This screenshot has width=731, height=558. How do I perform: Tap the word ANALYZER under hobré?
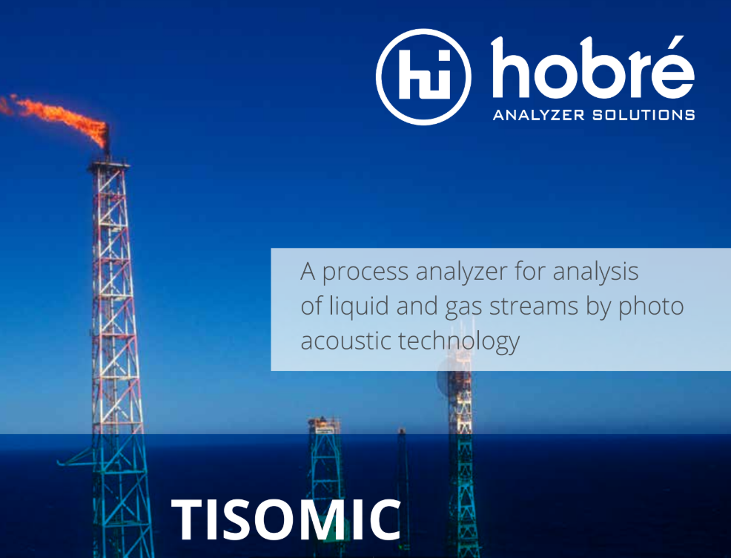538,115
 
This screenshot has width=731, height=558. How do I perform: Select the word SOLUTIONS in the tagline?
644,115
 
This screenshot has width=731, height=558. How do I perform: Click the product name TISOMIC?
286,519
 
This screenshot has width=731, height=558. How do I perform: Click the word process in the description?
365,272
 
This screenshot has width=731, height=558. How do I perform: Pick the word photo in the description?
651,307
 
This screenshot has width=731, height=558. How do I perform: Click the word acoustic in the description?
345,341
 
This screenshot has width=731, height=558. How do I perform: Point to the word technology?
459,341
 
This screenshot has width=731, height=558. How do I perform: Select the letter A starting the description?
308,272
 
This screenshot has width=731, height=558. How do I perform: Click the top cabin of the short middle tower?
324,425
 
